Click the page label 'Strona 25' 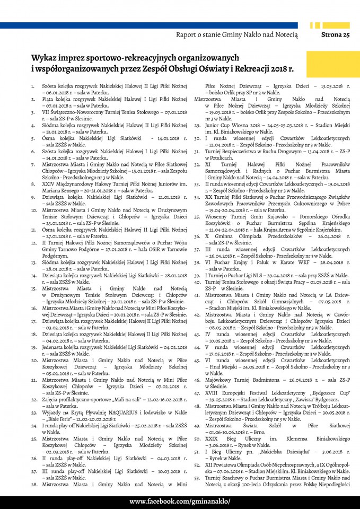coord(336,35)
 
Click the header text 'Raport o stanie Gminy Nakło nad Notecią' coord(237,35)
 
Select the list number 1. coord(33,85)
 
